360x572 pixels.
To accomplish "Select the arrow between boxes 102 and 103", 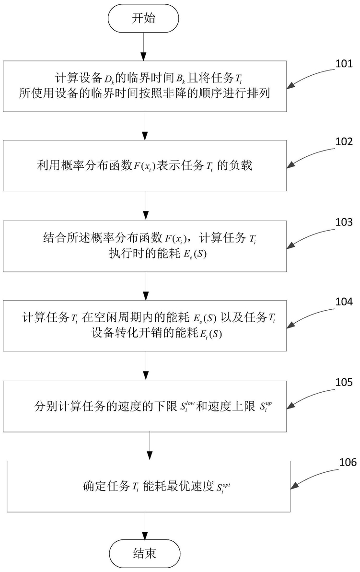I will pyautogui.click(x=144, y=205).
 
